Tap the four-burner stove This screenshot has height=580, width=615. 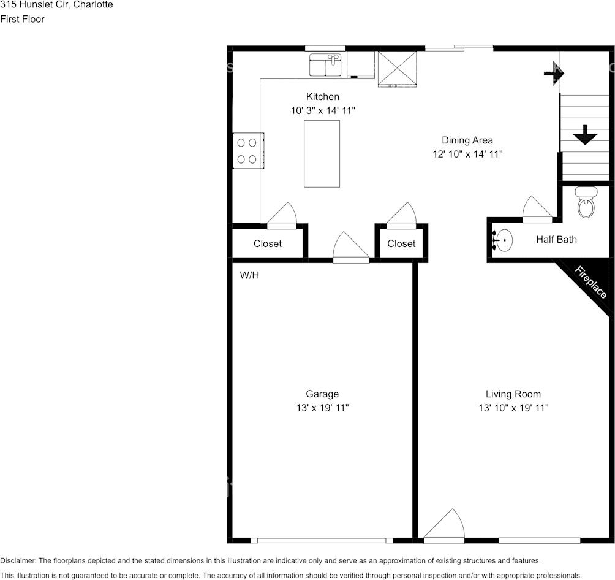[x=247, y=151]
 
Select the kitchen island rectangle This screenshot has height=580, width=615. [x=322, y=153]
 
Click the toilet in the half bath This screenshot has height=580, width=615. [x=586, y=204]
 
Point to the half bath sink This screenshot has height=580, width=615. [x=504, y=240]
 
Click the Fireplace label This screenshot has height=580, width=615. [x=590, y=283]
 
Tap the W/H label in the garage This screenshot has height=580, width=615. [x=249, y=275]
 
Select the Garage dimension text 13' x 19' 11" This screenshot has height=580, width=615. [x=322, y=408]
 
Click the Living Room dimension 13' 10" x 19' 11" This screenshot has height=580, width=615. [x=513, y=408]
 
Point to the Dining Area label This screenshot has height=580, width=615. [x=467, y=140]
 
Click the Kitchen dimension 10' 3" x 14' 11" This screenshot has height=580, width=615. [x=323, y=110]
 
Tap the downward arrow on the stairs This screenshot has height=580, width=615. [x=585, y=135]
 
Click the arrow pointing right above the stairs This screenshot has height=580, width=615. [x=554, y=73]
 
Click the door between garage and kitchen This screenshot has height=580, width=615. [x=350, y=248]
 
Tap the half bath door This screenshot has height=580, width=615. [x=537, y=210]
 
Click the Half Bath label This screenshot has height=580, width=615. [x=556, y=240]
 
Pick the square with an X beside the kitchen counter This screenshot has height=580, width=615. [x=397, y=68]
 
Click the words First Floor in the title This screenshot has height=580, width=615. [x=22, y=19]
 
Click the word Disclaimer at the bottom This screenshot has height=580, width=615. [x=18, y=561]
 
